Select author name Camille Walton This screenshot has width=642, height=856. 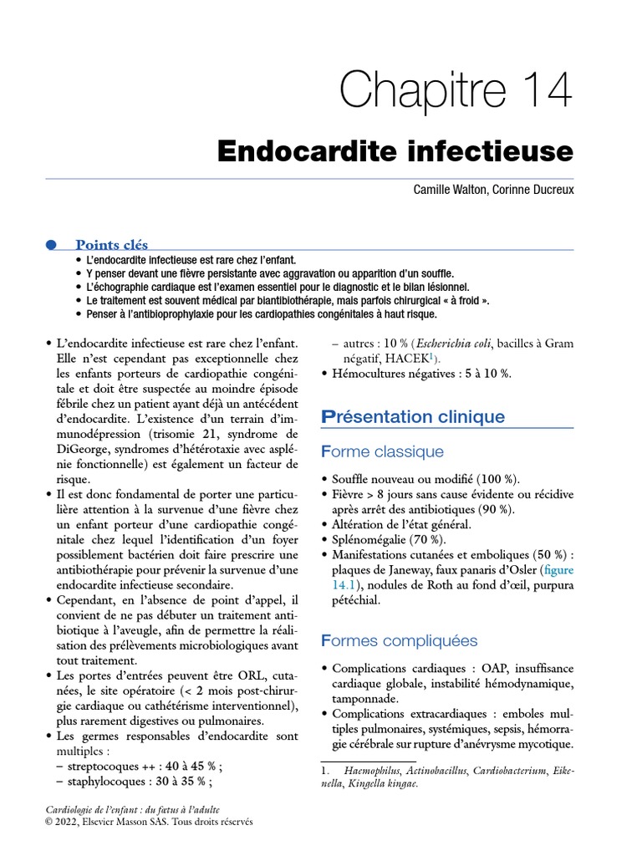pyautogui.click(x=449, y=191)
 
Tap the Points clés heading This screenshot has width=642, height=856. pyautogui.click(x=111, y=245)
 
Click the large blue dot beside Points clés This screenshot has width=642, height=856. pyautogui.click(x=50, y=245)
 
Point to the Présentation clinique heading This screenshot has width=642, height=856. pyautogui.click(x=413, y=416)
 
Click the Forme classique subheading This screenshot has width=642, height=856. pyautogui.click(x=382, y=452)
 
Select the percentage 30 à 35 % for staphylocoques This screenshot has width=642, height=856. pyautogui.click(x=183, y=782)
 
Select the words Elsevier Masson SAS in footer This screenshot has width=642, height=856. pyautogui.click(x=131, y=822)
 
